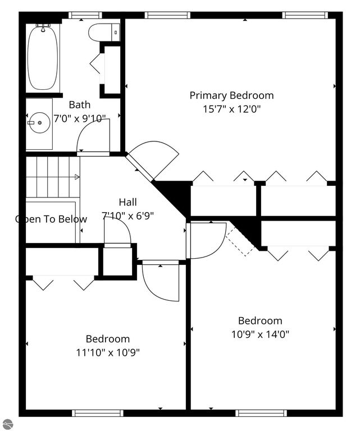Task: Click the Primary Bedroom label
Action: tap(231, 95)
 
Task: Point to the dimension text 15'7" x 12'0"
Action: tap(231, 109)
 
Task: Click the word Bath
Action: tap(79, 105)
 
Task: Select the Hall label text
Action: tap(127, 202)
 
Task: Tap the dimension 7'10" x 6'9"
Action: tap(127, 215)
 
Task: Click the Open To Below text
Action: tap(51, 219)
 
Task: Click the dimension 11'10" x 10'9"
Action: tap(107, 352)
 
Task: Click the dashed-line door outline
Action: tap(240, 240)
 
